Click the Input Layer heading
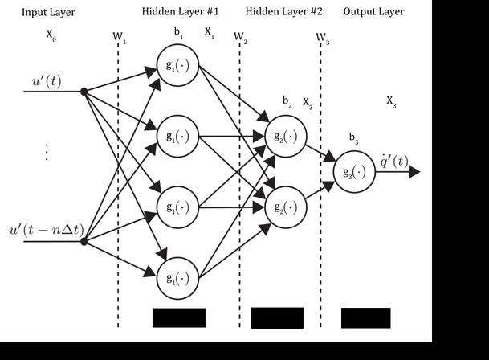click(x=47, y=12)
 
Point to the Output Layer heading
click(x=373, y=12)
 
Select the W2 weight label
click(x=240, y=38)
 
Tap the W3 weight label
click(x=323, y=38)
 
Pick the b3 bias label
click(x=353, y=138)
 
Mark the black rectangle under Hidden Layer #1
click(x=178, y=317)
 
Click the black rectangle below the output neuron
click(x=365, y=317)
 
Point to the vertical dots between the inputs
click(x=47, y=152)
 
